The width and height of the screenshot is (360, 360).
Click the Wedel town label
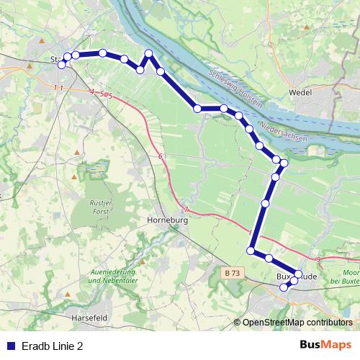click(300, 93)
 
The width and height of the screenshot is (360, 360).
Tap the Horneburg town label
click(167, 221)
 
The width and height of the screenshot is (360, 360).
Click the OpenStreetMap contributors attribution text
click(297, 323)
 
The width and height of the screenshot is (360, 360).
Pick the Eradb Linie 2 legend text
click(53, 346)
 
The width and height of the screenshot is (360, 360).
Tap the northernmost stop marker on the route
click(149, 53)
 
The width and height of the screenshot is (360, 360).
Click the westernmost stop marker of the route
click(61, 65)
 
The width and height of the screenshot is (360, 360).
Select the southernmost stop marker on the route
click(284, 287)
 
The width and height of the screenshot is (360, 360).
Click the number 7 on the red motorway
click(186, 210)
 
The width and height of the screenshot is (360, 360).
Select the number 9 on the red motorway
click(318, 258)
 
